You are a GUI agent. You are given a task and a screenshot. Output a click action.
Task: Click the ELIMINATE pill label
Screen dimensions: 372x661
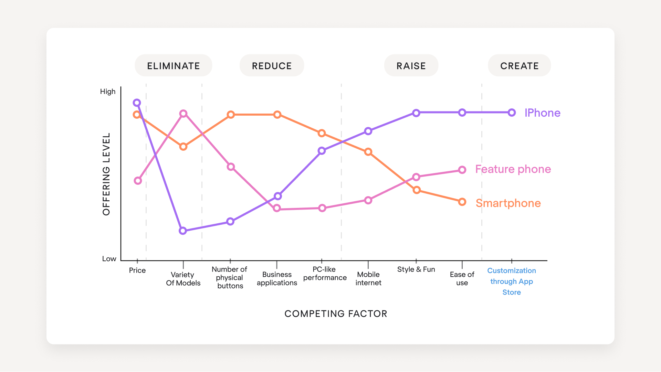coord(174,66)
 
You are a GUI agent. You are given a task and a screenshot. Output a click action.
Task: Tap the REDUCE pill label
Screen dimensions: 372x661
coord(272,66)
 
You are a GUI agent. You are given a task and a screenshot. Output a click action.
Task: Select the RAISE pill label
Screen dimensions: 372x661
coord(411,66)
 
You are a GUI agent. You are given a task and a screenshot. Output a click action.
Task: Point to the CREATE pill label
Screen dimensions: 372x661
coord(519,66)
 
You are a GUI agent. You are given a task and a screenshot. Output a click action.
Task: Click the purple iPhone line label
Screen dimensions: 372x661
coord(542,113)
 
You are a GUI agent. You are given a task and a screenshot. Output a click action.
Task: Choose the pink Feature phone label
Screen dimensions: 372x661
coord(513,169)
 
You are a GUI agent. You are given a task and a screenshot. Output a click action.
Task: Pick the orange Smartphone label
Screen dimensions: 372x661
coord(508,203)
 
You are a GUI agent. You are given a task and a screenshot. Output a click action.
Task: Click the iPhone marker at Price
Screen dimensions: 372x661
coord(137,103)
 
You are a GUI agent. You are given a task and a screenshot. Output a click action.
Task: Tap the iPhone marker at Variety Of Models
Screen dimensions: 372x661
coord(183,231)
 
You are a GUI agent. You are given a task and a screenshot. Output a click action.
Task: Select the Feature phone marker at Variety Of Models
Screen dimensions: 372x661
coord(183,114)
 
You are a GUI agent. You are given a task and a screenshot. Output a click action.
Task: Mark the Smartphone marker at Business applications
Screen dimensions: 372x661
coord(277,115)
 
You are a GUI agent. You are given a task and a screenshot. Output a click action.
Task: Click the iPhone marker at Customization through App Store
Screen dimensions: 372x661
coord(512,113)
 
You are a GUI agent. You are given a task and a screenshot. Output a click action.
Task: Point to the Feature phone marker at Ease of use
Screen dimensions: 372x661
coord(462,170)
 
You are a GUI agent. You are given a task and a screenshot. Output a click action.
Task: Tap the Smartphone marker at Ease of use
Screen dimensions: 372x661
coord(462,202)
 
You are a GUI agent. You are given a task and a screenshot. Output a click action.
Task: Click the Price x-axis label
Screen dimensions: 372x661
coord(137,270)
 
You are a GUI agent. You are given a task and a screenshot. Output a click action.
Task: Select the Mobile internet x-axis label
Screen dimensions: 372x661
coord(368,279)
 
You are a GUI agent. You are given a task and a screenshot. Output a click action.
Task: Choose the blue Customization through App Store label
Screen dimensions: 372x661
coord(512,281)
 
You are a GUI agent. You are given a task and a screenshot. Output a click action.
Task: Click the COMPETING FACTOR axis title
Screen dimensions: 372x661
coord(336,314)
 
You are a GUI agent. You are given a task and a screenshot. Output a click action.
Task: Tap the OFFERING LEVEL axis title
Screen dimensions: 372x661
coord(106,174)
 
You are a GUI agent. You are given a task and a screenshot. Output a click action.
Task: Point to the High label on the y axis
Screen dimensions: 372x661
coord(108,92)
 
